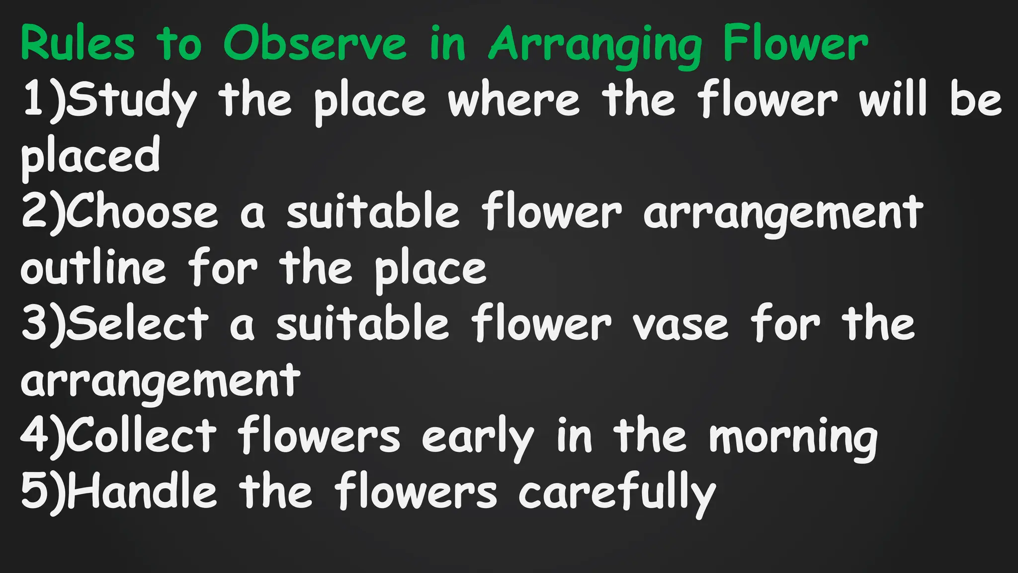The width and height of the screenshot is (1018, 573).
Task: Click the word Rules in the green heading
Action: [x=78, y=44]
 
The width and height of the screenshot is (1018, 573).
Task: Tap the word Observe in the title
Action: [x=315, y=44]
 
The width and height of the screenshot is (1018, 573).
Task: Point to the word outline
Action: [x=93, y=269]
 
